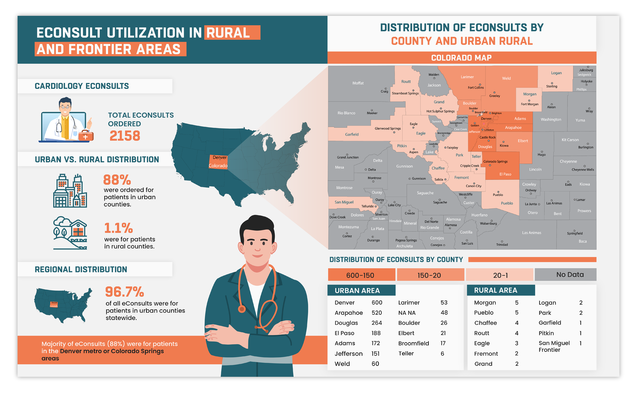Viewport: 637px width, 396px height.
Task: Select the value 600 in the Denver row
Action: click(x=377, y=303)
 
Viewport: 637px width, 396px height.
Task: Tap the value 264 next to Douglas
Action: click(x=377, y=323)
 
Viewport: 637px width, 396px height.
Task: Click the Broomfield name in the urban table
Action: click(x=414, y=343)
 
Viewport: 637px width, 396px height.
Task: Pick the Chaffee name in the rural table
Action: click(x=485, y=323)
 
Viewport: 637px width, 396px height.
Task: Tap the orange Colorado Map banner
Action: click(x=461, y=58)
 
